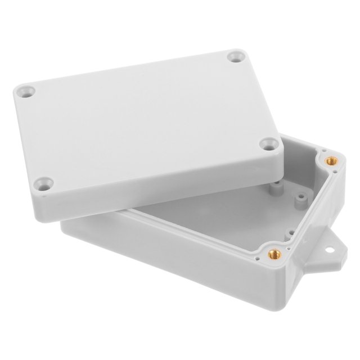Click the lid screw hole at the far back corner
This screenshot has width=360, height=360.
235,56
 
